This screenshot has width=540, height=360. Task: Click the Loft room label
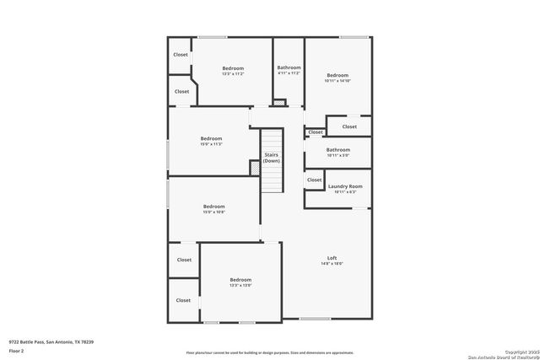[332, 257]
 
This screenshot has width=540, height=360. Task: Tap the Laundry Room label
[345, 185]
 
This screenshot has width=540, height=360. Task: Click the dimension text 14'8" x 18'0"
[332, 264]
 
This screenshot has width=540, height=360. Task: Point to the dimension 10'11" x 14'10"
[337, 81]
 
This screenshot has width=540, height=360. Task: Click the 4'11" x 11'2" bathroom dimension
[289, 73]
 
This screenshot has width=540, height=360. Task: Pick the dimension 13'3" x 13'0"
[240, 286]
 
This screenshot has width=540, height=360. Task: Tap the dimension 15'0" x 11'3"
[211, 144]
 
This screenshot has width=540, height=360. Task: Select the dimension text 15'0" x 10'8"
[213, 212]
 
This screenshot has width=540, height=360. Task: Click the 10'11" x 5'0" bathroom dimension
[337, 156]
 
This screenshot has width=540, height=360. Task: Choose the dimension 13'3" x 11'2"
[233, 74]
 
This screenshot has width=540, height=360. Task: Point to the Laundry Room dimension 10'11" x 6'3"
[345, 192]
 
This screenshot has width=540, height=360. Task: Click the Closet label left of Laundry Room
[314, 180]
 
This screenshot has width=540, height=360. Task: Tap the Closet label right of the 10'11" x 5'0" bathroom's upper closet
[349, 126]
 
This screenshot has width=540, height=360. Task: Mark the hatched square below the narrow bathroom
[280, 103]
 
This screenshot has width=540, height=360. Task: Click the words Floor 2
[18, 348]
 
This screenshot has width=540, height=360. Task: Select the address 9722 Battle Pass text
[51, 341]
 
